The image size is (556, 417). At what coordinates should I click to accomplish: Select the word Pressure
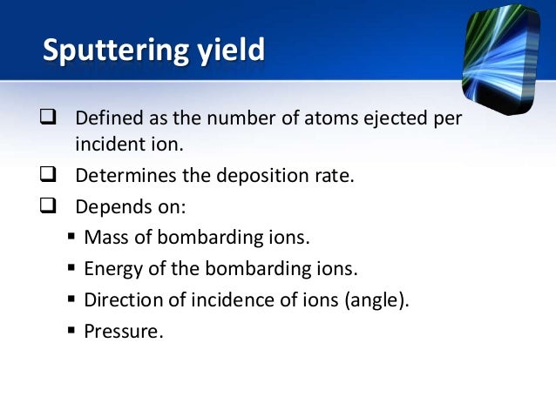tap(123, 331)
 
